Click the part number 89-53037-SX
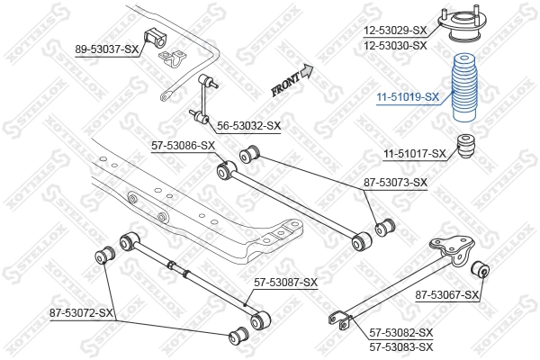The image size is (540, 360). click(107, 49)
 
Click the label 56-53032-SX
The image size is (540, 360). click(247, 126)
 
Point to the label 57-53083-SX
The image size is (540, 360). click(400, 346)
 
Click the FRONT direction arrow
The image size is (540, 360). click(293, 81)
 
